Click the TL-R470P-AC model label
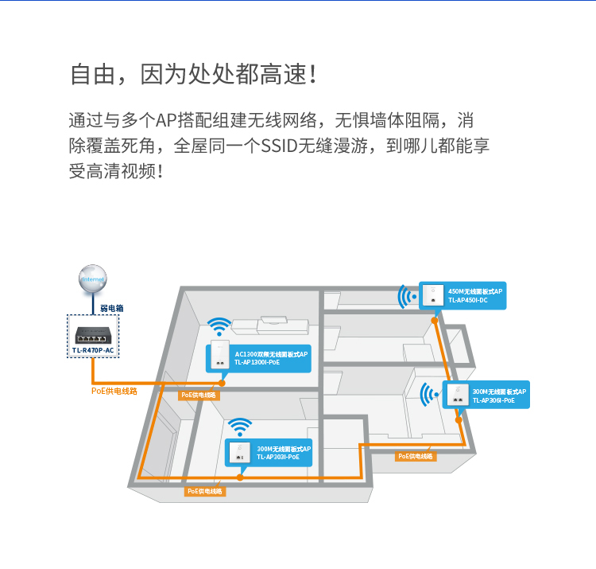(94, 350)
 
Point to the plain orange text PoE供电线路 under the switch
(114, 391)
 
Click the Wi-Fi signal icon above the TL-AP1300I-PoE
(219, 328)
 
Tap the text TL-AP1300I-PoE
(257, 362)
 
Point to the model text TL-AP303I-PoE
(278, 457)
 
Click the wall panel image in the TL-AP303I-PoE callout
(238, 453)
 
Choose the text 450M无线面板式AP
(475, 292)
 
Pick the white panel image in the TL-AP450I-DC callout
(433, 295)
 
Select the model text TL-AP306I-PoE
(493, 400)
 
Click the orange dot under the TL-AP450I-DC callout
(435, 319)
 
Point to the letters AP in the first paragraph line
(164, 121)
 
